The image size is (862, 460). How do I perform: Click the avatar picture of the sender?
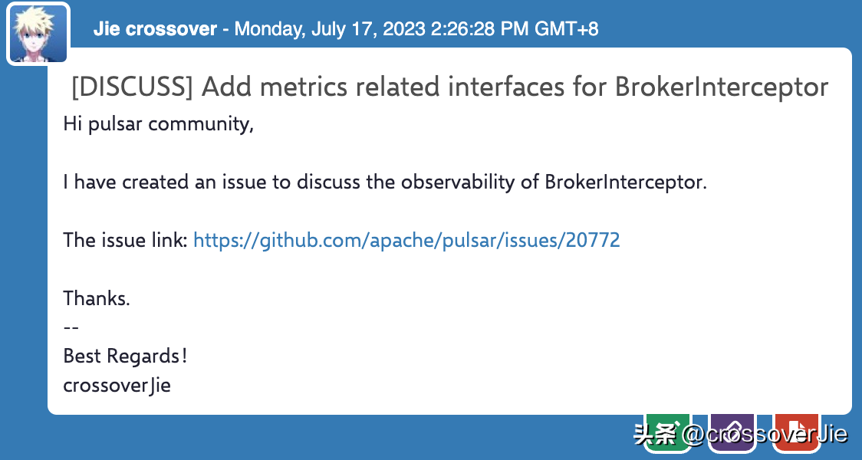coord(38,34)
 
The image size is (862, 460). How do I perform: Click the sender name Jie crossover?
coord(155,28)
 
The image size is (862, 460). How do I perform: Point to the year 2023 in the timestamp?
coord(404,28)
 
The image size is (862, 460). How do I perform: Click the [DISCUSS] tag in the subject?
coord(132,87)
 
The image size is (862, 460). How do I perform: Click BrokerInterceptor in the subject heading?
coord(721,87)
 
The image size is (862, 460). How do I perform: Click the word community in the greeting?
coord(201,124)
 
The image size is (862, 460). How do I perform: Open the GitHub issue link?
coord(406,240)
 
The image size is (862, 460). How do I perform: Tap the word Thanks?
coord(97,298)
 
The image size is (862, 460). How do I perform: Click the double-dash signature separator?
coord(71,327)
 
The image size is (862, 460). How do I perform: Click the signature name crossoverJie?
coord(117,386)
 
